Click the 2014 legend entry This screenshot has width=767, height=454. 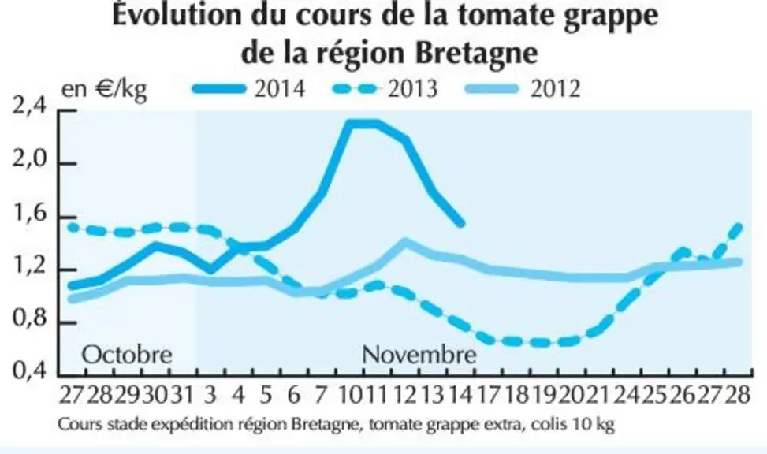pos(249,89)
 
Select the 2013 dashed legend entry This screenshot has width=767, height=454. pos(385,89)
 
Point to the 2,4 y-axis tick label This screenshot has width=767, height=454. pos(28,108)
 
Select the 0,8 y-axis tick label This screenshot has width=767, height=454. pos(28,321)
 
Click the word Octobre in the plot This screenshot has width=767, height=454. pos(127,354)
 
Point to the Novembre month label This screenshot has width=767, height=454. pos(419,354)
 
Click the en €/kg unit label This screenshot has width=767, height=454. pos(104,90)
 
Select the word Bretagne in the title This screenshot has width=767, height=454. pos(476,53)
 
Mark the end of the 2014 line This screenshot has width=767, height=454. pos(461,224)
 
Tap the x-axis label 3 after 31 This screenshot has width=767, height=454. pos(210,395)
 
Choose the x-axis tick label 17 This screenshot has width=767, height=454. pos(488,395)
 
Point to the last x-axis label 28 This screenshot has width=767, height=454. pos(738,395)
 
